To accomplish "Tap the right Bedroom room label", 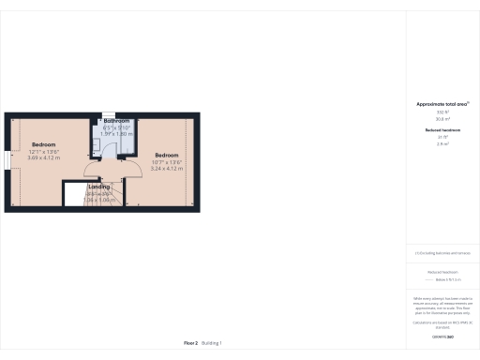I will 167,155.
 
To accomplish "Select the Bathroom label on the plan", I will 116,121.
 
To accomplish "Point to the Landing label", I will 99,187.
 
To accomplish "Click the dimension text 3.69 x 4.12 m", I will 44,157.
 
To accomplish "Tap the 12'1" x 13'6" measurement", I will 43,151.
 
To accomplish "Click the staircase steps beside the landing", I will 113,197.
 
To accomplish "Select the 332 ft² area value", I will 442,112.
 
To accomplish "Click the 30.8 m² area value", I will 442,118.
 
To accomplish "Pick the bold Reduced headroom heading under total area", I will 442,129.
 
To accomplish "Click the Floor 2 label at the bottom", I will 190,343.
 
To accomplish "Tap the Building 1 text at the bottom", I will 213,343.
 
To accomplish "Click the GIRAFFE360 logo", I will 442,335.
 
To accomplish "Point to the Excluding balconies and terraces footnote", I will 442,252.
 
